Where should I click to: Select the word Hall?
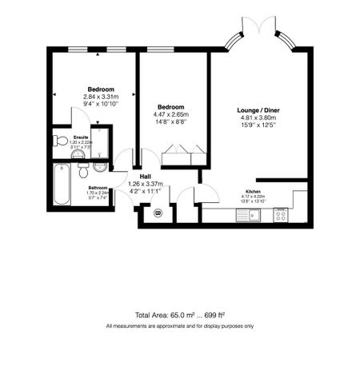[x=146, y=177]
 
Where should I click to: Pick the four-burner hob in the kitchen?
[x=281, y=214]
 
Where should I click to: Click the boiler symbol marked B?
[x=158, y=213]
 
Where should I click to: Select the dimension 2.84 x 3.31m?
[x=101, y=97]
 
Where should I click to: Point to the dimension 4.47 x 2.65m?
[x=171, y=114]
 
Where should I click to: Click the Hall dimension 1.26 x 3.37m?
[x=146, y=184]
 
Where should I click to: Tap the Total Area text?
[x=179, y=316]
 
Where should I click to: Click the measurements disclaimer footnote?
[x=179, y=326]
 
